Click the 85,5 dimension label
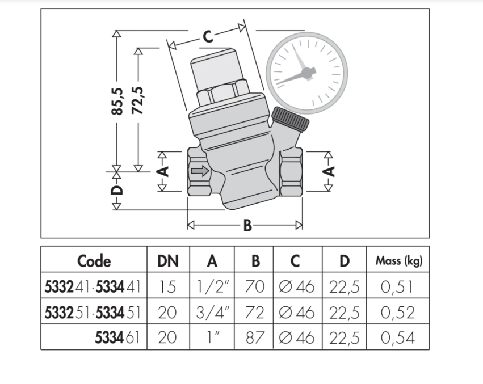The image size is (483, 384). click(x=117, y=102)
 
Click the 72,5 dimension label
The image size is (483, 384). click(x=138, y=100)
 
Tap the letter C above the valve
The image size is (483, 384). click(x=208, y=37)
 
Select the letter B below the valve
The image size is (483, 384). click(x=247, y=225)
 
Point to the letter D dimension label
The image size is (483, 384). click(x=117, y=191)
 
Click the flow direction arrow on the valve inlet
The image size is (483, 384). click(x=200, y=171)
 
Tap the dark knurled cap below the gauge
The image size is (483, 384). click(x=290, y=120)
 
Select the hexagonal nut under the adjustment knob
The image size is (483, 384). click(x=222, y=92)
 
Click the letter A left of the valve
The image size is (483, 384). click(x=164, y=171)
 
